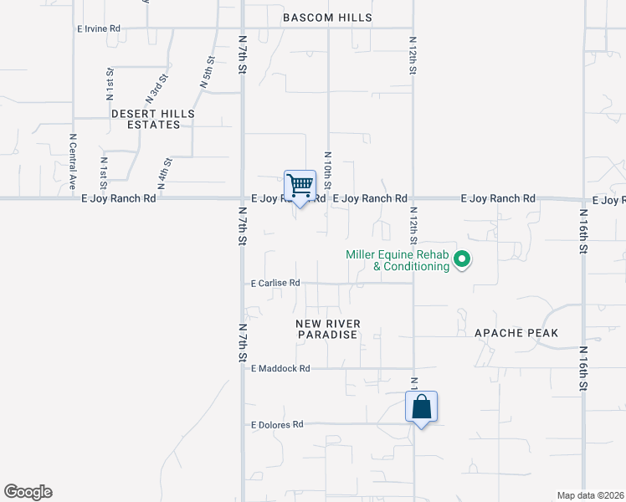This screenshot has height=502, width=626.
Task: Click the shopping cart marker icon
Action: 300,185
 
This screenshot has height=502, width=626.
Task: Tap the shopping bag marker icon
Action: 422,407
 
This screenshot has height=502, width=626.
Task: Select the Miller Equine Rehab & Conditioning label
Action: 398,261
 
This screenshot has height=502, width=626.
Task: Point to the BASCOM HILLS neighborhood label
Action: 326,18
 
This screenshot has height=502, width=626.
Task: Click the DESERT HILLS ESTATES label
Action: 152,119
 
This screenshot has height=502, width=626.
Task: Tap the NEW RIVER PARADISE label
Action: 327,329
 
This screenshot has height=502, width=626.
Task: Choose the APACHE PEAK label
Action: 516,333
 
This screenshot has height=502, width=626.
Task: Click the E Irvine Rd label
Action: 99,28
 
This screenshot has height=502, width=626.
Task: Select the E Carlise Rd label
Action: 275,284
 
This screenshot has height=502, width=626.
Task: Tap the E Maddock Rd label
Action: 280,368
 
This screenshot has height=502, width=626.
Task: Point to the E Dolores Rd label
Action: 277,425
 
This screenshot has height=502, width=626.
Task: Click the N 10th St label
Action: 328,170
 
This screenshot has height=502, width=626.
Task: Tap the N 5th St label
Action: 207,73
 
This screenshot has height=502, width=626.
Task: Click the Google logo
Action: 28,492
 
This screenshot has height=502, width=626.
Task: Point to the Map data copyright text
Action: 591,495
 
